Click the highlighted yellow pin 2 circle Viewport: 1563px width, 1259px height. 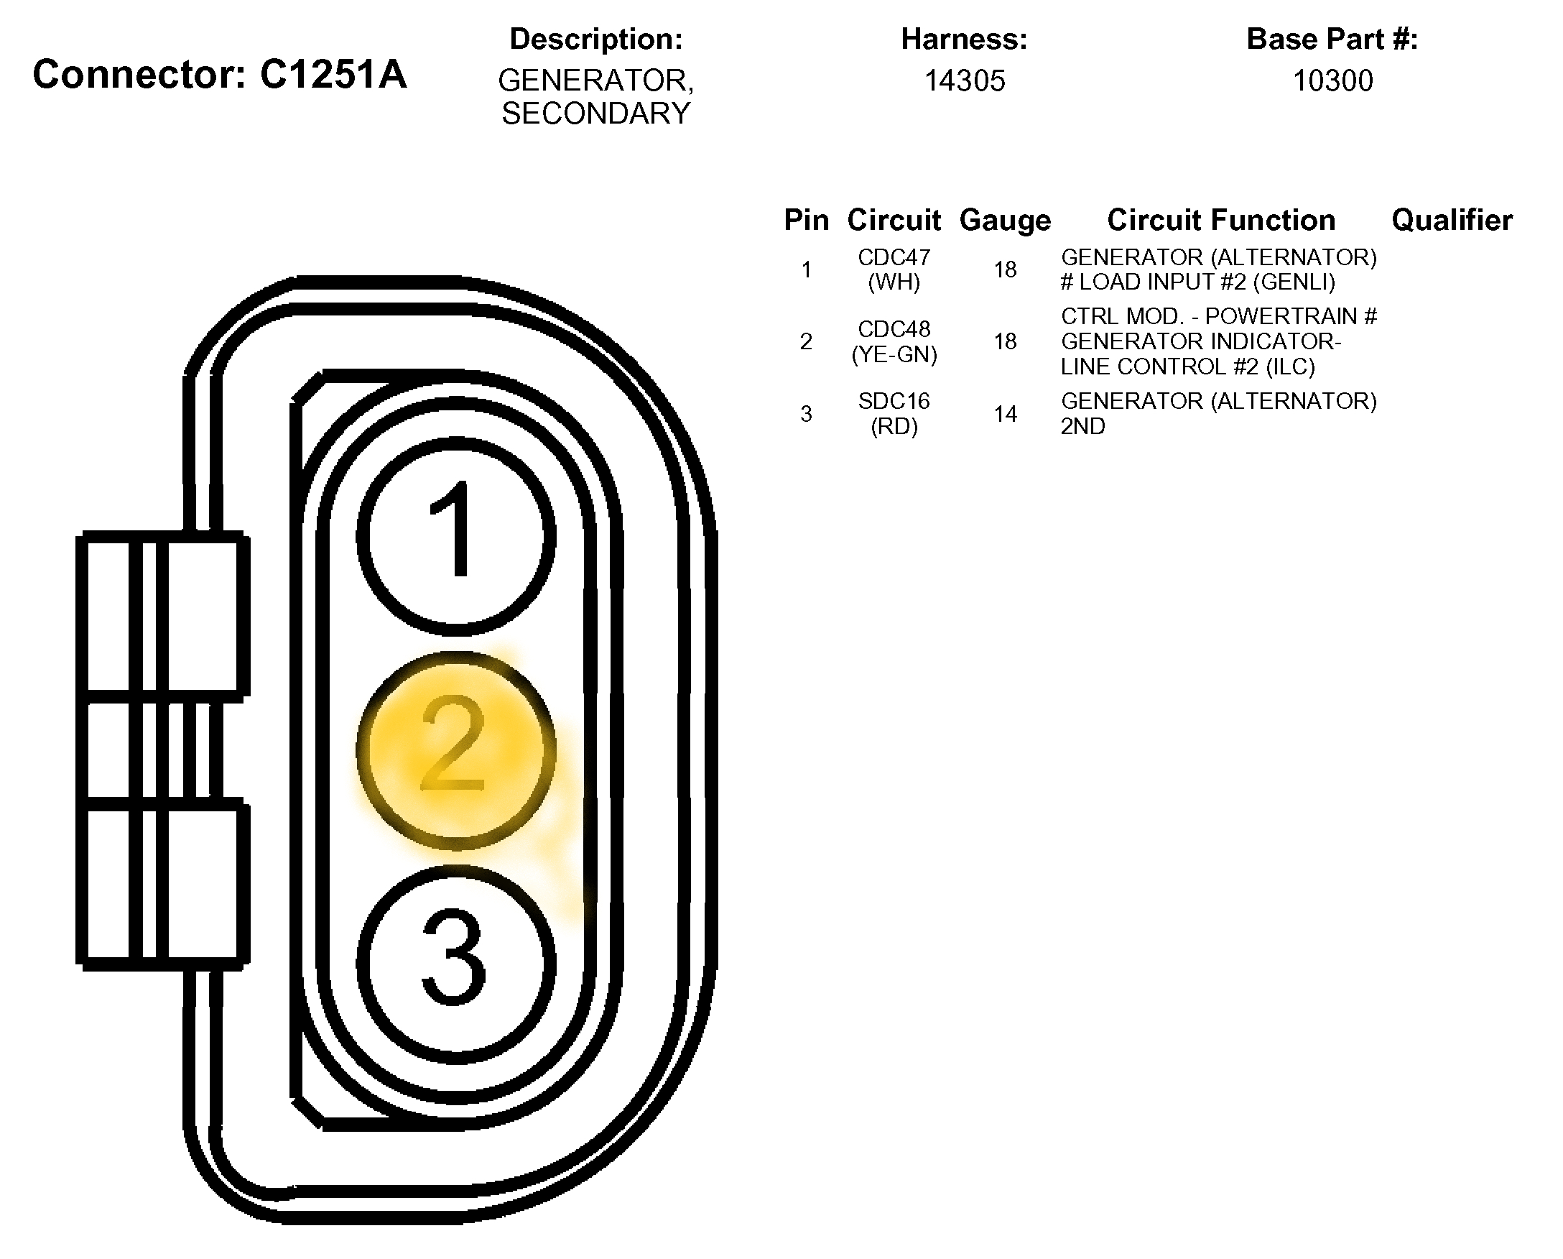point(456,751)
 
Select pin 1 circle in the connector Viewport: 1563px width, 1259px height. point(456,537)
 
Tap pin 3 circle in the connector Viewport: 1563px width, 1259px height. point(456,964)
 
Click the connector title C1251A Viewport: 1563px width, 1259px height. point(220,74)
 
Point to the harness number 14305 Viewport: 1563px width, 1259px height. point(964,80)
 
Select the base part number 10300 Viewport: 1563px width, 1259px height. point(1332,80)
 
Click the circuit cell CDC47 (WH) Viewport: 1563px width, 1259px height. point(894,269)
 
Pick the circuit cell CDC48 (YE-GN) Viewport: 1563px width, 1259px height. point(894,341)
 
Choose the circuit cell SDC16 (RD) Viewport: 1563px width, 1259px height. point(894,413)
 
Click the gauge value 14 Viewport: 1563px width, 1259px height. point(1005,414)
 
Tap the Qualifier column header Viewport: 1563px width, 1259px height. point(1452,220)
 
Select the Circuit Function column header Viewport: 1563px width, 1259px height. point(1221,220)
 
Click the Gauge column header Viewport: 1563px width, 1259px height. point(1005,220)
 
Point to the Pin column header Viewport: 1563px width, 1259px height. point(806,220)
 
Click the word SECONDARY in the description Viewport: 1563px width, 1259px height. point(596,114)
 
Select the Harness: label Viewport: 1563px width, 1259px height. point(964,39)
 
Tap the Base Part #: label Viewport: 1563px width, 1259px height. point(1332,39)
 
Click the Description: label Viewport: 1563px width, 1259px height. point(596,39)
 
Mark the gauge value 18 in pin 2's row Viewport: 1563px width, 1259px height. point(1005,341)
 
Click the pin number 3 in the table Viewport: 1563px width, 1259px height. point(806,414)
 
